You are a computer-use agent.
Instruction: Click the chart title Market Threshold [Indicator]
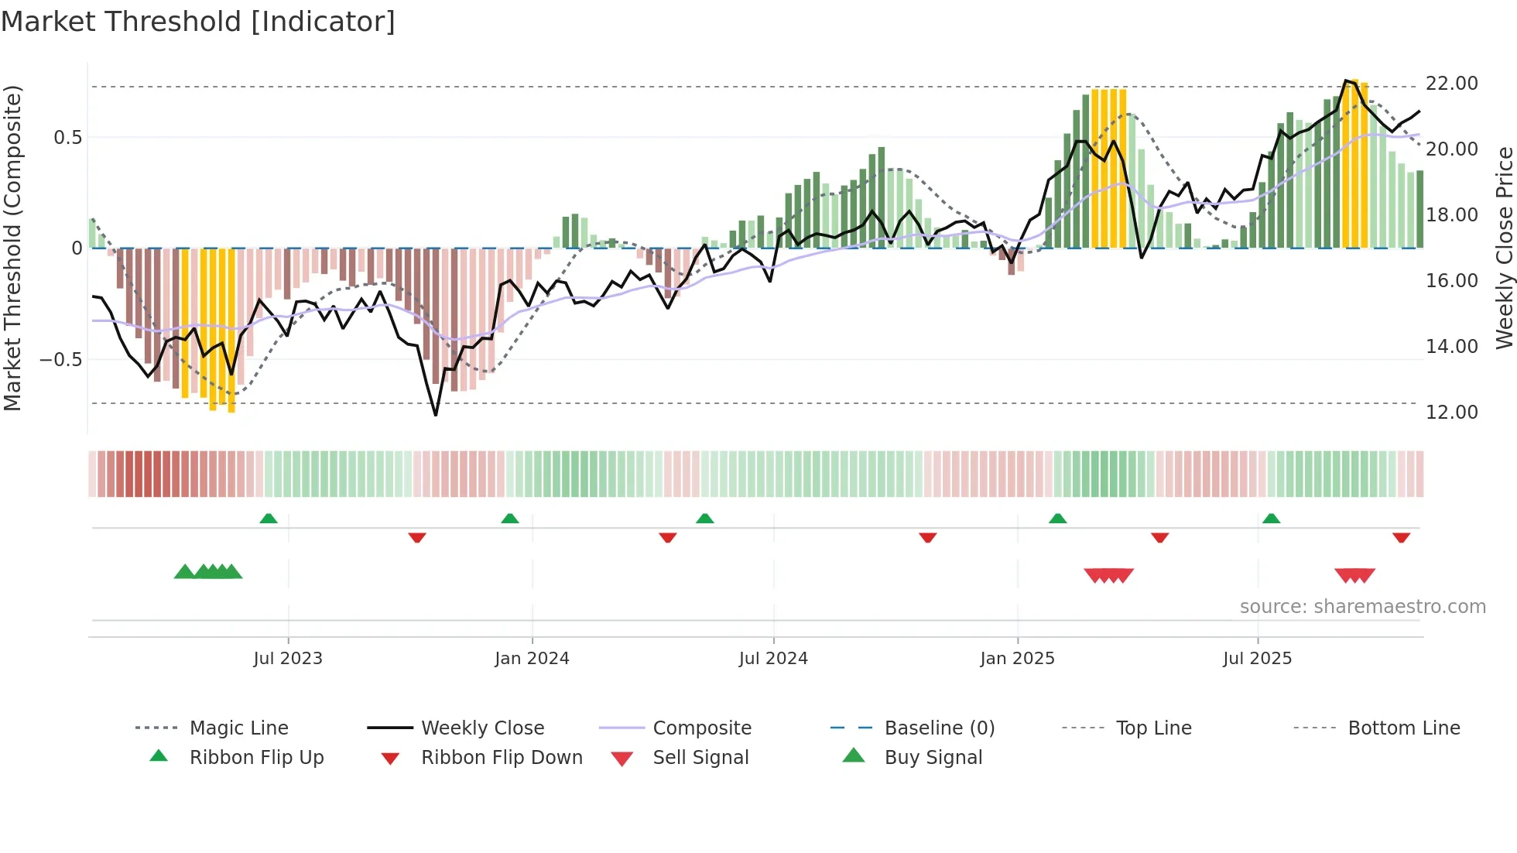click(198, 22)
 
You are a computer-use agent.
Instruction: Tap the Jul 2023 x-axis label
click(287, 658)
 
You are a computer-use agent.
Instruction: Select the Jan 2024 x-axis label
click(532, 658)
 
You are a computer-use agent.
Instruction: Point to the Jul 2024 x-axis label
click(773, 658)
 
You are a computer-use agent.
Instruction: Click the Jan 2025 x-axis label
click(1017, 658)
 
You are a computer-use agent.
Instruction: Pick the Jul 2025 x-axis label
click(1257, 658)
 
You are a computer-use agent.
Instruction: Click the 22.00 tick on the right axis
click(1451, 84)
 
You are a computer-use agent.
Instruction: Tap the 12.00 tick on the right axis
click(1451, 412)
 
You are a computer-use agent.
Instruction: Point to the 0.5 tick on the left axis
click(67, 138)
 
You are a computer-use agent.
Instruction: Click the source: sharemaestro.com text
click(1362, 607)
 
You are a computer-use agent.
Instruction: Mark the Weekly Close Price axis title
click(1504, 248)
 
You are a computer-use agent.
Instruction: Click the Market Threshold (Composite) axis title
click(12, 248)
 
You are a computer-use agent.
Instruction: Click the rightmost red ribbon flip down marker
click(1401, 537)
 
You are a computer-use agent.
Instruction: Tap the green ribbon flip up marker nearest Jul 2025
click(1271, 519)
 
